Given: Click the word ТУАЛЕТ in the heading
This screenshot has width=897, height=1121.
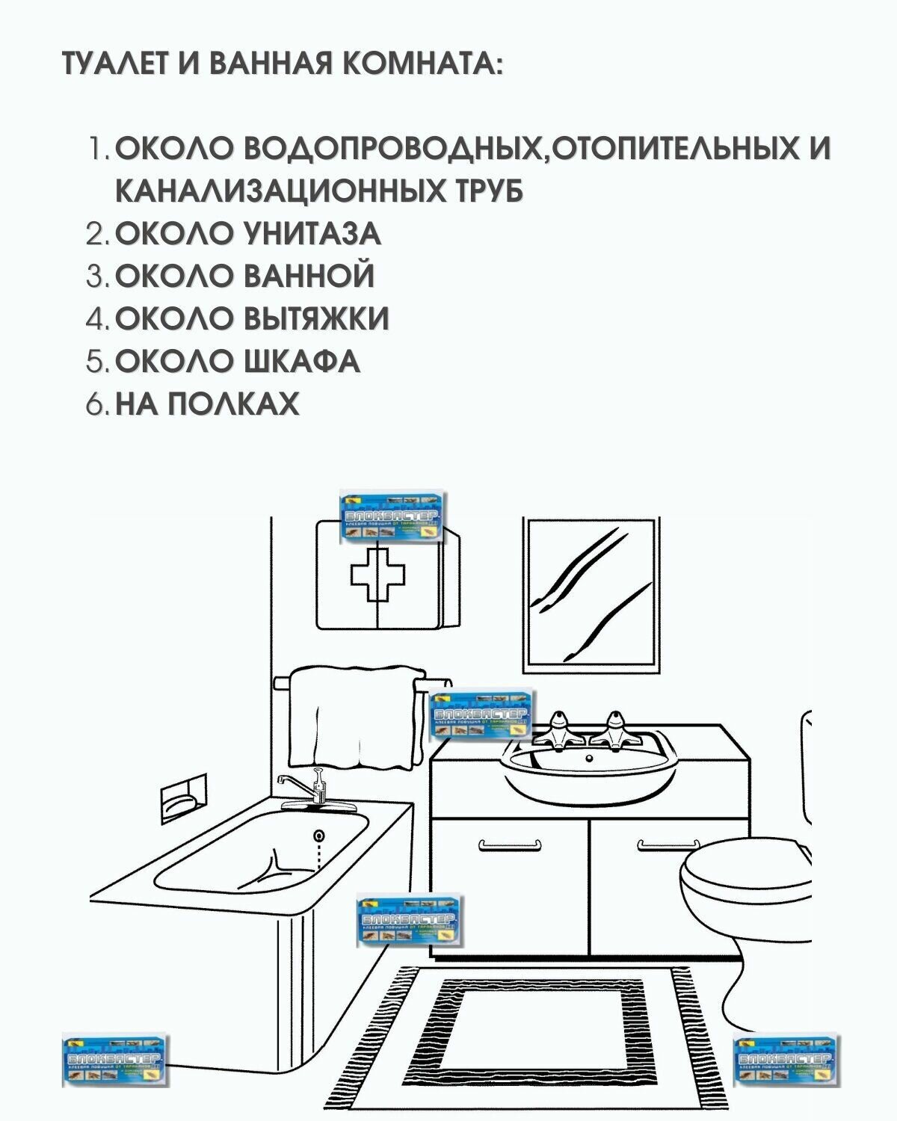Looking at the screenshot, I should [111, 64].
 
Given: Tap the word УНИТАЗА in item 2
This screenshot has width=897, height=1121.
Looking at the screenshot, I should [312, 234].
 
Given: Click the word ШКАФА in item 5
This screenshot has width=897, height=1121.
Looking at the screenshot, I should [302, 362].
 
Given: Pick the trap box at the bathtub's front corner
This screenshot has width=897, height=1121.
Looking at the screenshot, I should [409, 920].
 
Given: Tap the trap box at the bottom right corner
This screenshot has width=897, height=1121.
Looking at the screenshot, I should [786, 1061].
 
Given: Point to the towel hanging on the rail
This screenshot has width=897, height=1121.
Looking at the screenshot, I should [351, 717].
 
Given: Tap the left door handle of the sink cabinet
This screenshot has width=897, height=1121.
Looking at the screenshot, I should [508, 845].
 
